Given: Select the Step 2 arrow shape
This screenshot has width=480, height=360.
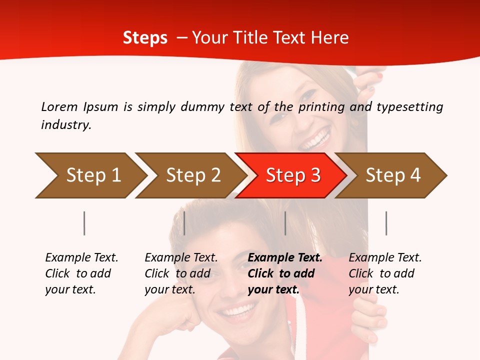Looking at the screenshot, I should [192, 175].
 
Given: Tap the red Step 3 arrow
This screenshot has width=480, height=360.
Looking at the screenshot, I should [292, 175].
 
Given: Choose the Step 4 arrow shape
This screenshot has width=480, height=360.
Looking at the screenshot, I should [392, 175].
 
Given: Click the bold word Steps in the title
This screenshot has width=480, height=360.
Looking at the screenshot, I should [145, 38].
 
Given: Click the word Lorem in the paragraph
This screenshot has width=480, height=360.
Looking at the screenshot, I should [59, 106].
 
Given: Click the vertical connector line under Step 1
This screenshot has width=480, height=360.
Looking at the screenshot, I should [84, 223].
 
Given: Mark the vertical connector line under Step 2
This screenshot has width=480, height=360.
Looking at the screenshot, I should [184, 223].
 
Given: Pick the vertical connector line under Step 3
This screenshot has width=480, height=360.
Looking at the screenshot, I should [285, 223].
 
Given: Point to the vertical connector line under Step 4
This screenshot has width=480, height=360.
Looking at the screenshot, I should [386, 223].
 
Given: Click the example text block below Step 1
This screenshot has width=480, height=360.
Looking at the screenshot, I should [81, 273].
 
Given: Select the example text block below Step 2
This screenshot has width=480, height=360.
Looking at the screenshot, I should [181, 273].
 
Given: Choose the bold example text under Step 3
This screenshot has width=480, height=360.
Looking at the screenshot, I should [285, 273].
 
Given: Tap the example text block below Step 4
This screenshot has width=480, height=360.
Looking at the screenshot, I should [385, 273].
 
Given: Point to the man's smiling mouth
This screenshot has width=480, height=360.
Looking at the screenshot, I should [238, 312].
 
